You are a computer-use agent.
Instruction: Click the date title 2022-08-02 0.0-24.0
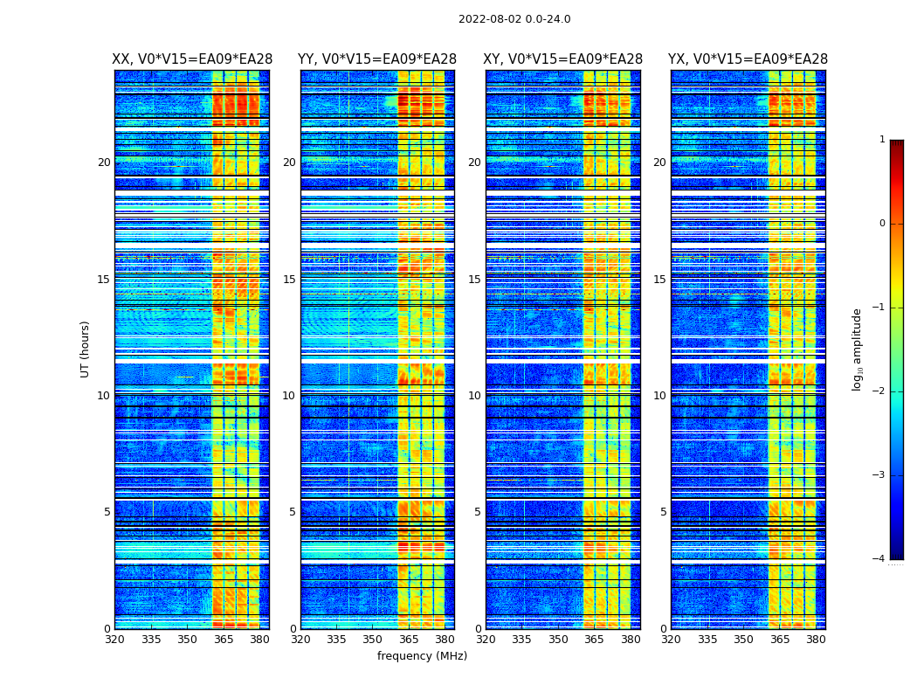tap(514, 19)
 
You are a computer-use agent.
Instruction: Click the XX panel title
tap(192, 59)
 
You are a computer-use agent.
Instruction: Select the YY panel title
tap(377, 59)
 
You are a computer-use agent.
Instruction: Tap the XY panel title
tap(563, 59)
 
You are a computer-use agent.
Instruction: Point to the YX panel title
tap(748, 59)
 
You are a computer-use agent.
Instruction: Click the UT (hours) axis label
tap(86, 349)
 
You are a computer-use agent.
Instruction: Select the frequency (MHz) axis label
tap(422, 656)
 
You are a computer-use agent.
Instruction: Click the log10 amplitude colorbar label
tap(858, 349)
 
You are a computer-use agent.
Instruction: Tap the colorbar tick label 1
tap(881, 140)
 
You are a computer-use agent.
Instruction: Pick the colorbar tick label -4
tap(879, 559)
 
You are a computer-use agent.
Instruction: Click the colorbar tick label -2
tap(879, 391)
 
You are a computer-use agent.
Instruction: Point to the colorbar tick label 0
tap(881, 224)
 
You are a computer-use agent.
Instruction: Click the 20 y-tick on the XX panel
tap(104, 163)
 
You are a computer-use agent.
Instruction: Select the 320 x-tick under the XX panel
tap(114, 640)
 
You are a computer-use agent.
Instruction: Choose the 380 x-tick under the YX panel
tap(816, 640)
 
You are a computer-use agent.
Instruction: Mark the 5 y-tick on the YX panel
tap(663, 512)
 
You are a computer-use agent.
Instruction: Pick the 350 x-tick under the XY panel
tap(558, 640)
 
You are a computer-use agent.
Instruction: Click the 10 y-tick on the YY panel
tap(288, 396)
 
